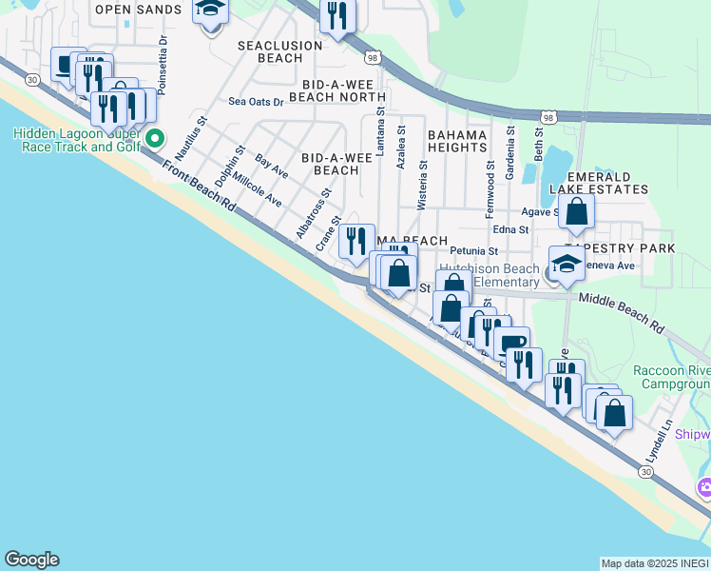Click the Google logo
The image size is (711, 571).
click(31, 560)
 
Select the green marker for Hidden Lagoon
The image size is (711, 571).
click(155, 138)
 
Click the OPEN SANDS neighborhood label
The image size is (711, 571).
click(139, 10)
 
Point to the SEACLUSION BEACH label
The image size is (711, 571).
click(269, 51)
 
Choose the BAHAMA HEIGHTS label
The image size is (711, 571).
click(457, 141)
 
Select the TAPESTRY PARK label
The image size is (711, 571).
click(631, 248)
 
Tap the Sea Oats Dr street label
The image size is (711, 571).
click(256, 102)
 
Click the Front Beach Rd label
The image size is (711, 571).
click(198, 186)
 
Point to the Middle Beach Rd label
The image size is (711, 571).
click(622, 311)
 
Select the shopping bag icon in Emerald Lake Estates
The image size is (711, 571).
click(577, 212)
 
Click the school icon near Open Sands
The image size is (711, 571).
click(210, 11)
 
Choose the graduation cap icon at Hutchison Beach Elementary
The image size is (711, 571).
click(567, 265)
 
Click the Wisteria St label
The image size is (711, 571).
click(423, 185)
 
